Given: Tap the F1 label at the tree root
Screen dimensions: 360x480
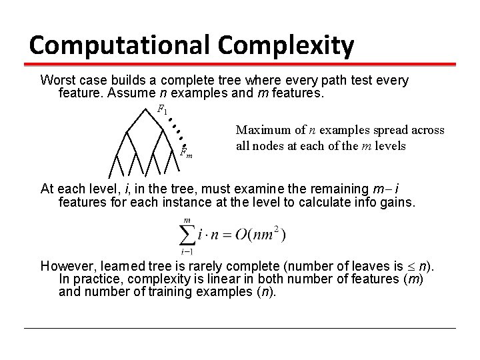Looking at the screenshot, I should coord(163,108).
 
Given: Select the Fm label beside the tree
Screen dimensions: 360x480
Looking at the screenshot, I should coord(187,153).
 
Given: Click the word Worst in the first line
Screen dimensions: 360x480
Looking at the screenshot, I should coord(55,80).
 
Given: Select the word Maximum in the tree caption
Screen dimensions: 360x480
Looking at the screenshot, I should coord(261,130).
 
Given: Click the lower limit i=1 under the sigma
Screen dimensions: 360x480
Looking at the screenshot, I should coord(187,251).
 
